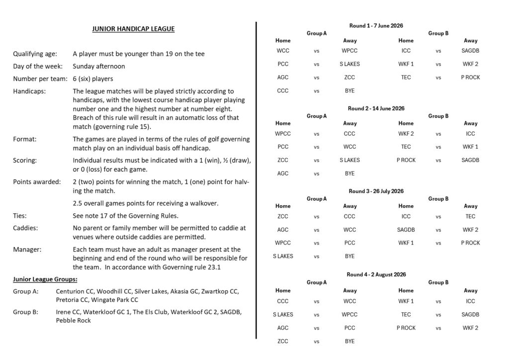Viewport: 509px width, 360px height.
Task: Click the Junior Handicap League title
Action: pos(133,29)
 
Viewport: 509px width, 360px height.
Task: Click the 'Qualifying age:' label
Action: pos(35,54)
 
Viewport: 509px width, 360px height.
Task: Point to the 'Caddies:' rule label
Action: pos(26,229)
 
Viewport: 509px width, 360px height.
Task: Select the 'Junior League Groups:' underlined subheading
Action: pos(45,279)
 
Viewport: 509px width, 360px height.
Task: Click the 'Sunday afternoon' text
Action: pos(98,66)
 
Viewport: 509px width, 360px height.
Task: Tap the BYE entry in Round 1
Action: pos(349,90)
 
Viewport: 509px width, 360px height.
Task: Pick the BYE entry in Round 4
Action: pos(349,341)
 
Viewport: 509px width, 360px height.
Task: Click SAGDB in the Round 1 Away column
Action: pos(470,50)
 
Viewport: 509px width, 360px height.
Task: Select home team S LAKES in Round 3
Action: pos(283,256)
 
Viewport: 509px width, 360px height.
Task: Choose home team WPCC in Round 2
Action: pos(283,133)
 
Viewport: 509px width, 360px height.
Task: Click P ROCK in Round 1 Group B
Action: pos(470,77)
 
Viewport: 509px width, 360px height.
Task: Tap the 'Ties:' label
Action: pos(20,216)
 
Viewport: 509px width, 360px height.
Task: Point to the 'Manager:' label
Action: pos(27,249)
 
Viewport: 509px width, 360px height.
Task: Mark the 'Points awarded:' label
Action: pos(37,181)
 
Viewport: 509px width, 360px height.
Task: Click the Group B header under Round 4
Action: pos(438,282)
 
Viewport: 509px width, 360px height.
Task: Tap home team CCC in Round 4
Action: pos(283,301)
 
